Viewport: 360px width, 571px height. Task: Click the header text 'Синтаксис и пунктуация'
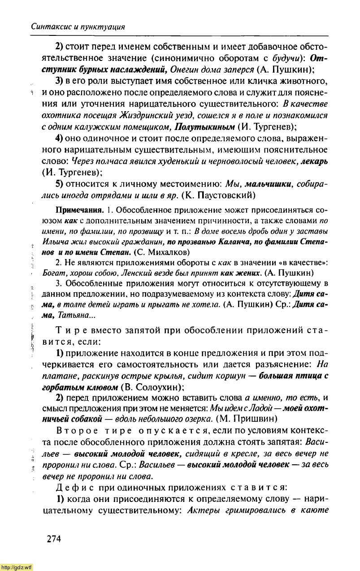point(78,27)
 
